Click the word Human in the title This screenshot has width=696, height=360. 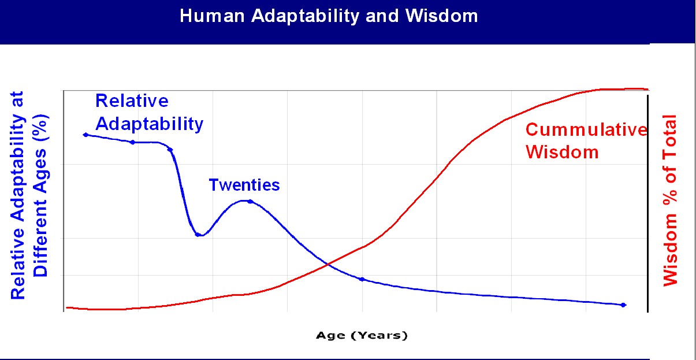pos(212,16)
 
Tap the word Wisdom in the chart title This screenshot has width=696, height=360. pos(441,16)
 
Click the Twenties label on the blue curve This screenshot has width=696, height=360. pos(244,185)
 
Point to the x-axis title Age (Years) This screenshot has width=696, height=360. pos(362,335)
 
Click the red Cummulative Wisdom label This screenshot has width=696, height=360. pos(586,141)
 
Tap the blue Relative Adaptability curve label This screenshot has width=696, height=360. pos(149,113)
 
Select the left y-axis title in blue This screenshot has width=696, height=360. pos(28,195)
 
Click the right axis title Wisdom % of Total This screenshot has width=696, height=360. pos(670,201)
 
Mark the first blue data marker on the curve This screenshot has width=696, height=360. pos(86,135)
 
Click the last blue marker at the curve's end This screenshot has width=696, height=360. pos(623,305)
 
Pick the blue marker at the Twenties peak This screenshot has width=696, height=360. pos(251,202)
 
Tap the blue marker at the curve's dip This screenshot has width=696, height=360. pos(198,235)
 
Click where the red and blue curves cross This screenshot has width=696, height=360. pos(327,264)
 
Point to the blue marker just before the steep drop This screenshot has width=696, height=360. pos(170,150)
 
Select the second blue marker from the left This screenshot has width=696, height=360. pos(133,142)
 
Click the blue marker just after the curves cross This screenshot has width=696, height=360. pos(362,279)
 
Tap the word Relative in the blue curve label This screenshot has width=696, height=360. pos(132,101)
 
